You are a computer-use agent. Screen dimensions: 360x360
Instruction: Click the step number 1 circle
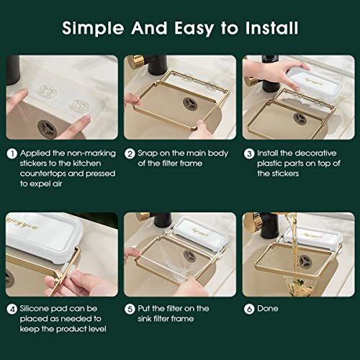tap(12, 153)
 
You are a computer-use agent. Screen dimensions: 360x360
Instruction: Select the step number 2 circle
tap(130, 153)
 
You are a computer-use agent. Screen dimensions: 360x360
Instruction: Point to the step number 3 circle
tap(248, 153)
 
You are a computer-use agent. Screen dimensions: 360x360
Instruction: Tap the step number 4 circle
tap(12, 309)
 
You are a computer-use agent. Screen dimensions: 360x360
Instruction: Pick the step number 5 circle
tap(130, 309)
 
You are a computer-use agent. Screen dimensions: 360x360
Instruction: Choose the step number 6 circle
tap(248, 309)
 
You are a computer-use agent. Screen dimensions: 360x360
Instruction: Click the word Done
tap(268, 309)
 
